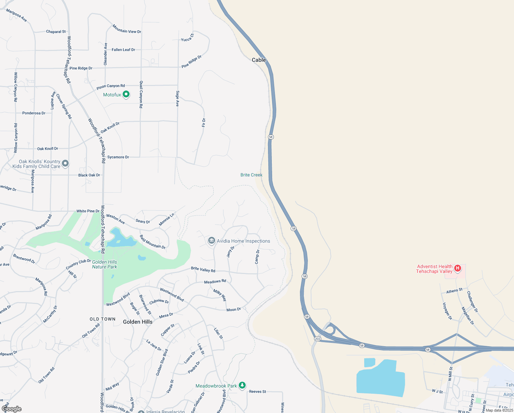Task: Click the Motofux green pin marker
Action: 126,94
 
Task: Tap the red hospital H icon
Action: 457,268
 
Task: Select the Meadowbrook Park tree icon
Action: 242,385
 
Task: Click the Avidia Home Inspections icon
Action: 212,241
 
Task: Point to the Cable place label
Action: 259,60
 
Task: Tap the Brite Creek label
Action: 251,175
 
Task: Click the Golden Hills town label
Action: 137,322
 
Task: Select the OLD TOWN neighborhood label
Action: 102,319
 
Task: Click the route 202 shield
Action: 317,339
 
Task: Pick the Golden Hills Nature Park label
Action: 104,264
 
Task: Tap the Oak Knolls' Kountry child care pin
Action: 65,163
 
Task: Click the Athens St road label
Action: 454,291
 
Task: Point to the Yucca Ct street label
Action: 188,38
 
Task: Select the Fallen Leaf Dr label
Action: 123,50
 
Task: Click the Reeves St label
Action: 257,391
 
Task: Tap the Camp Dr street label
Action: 257,257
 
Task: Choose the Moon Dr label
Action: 234,309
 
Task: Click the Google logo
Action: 12,409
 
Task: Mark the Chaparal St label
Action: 56,32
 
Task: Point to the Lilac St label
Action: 219,333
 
